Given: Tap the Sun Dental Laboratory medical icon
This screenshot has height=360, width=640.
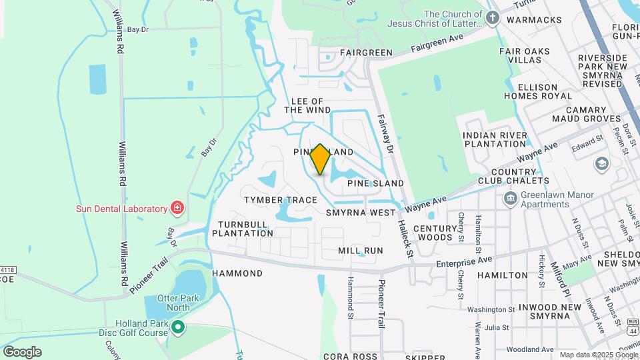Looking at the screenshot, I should [x=177, y=208].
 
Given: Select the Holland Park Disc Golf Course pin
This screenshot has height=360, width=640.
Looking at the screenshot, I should [x=178, y=327].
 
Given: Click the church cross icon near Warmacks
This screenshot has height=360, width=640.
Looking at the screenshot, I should [x=493, y=18].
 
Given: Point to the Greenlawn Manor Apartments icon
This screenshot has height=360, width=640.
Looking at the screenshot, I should [x=510, y=198].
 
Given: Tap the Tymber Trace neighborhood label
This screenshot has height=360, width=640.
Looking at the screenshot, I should [x=280, y=200].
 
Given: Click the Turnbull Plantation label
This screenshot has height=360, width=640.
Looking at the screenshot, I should [x=243, y=229].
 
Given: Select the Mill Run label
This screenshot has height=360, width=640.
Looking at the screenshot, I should [x=361, y=251].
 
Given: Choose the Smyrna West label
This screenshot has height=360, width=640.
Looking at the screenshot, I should [x=361, y=213].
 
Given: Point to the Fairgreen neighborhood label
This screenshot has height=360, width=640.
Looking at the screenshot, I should [x=365, y=51].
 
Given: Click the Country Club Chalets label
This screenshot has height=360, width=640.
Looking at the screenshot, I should [x=513, y=175].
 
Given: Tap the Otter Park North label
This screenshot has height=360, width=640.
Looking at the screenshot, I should [x=173, y=303].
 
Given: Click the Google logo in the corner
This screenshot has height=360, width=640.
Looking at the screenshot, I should [x=22, y=351].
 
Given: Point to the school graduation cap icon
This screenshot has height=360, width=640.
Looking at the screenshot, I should [x=601, y=164].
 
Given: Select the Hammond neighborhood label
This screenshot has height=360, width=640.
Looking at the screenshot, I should [x=237, y=273].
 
